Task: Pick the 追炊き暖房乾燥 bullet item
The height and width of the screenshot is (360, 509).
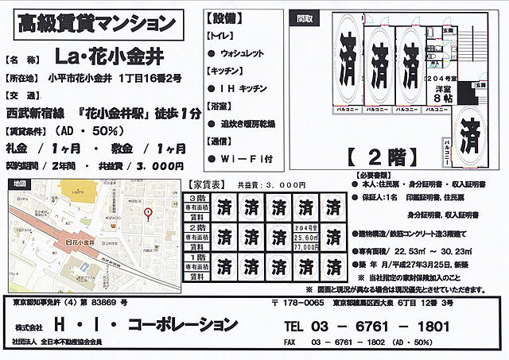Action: (x=247, y=123)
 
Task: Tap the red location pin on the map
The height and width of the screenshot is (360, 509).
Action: (x=147, y=213)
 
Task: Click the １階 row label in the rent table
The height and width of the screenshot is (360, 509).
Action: (x=198, y=257)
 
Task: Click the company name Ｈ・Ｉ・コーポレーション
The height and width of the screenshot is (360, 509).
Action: (x=144, y=325)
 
